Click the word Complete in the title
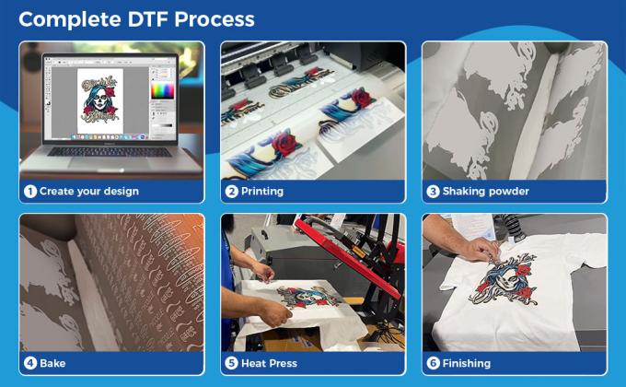coord(72,19)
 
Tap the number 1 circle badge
coord(29,192)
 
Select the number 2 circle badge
coord(232,192)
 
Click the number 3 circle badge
coord(433,192)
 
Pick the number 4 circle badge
coord(29,363)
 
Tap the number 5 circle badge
coord(232,363)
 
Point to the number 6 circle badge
coord(433,363)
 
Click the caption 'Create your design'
coord(89,192)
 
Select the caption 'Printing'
coord(262,192)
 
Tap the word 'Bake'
coord(52,363)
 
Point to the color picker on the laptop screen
coord(162,90)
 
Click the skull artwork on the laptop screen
coord(99,97)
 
